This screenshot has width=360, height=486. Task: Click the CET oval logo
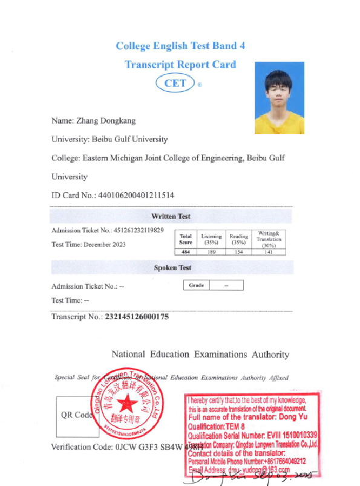tap(176, 83)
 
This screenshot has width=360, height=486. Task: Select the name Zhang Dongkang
tap(106, 120)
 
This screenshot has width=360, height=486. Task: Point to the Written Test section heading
tap(171, 216)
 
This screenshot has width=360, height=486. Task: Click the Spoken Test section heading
tap(172, 268)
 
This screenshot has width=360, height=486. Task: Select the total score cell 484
tap(186, 251)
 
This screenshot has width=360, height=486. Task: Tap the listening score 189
tap(211, 251)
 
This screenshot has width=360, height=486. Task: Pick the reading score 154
tap(238, 251)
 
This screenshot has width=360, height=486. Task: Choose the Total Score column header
tap(186, 239)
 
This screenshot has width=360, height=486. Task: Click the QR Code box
tap(76, 415)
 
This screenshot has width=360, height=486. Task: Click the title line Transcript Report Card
tap(180, 64)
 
